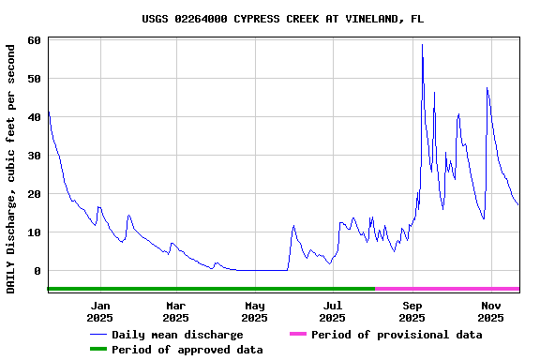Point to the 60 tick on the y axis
[35, 40]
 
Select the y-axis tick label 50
[35, 79]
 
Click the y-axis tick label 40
[35, 117]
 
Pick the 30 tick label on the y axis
[35, 156]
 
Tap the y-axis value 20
[35, 194]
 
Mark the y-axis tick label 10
[35, 232]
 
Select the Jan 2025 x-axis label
[100, 311]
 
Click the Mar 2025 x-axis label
[175, 311]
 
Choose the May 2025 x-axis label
[254, 311]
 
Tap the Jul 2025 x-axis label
[333, 311]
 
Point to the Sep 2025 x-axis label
[412, 311]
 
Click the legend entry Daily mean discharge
[177, 335]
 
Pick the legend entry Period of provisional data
[397, 335]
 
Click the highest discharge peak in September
[422, 45]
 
